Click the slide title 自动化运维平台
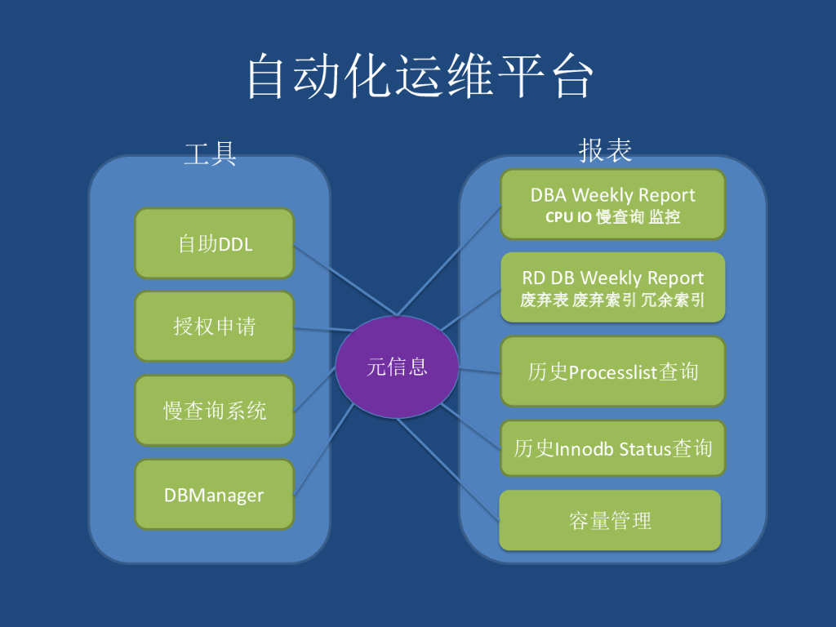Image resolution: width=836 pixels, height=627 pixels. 419,77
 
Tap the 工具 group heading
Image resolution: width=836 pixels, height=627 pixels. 210,153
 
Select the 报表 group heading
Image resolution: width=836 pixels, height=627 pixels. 605,149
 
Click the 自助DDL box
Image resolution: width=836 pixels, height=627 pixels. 214,243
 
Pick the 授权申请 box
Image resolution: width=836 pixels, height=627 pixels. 214,327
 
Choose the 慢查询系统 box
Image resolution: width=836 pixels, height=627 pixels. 214,411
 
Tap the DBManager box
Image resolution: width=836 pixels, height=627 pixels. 214,495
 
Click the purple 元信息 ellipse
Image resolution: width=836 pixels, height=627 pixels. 397,367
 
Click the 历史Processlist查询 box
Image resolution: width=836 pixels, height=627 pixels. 612,372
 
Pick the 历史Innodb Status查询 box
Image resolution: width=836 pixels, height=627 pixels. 612,448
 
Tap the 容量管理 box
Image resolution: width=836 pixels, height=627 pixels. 610,521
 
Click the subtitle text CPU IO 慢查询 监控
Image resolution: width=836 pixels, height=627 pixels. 612,218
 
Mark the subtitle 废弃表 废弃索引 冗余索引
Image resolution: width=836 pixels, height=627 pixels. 612,300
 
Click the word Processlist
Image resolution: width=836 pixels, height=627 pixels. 613,372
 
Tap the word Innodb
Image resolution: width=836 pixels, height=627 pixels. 584,448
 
